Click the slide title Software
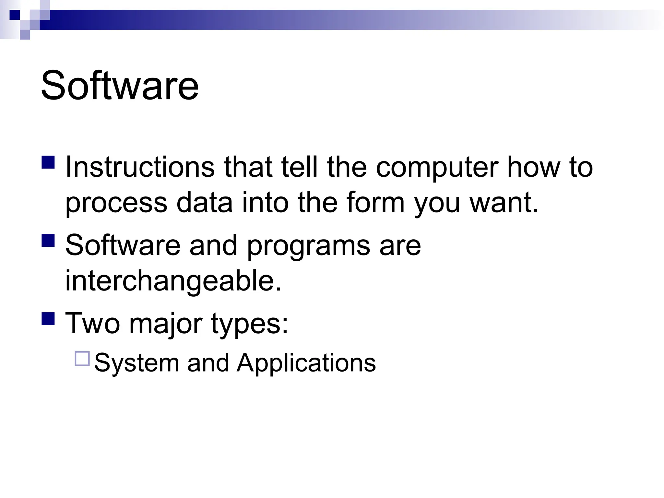point(120,86)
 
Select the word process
point(116,204)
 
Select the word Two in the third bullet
point(92,323)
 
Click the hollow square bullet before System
point(82,359)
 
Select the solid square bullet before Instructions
point(48,162)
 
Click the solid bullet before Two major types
point(48,318)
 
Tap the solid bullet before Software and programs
point(48,241)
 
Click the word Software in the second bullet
point(123,245)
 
